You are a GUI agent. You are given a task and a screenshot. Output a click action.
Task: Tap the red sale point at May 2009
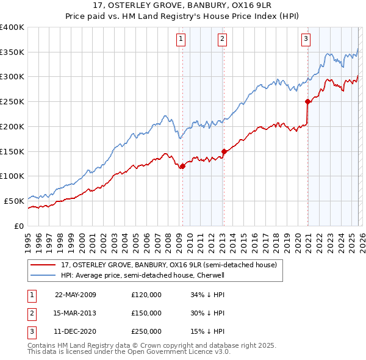182,166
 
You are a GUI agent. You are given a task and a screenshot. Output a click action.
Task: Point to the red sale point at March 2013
224,151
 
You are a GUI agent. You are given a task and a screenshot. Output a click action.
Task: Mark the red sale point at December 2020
308,102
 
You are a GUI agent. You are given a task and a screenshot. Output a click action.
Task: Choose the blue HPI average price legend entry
143,275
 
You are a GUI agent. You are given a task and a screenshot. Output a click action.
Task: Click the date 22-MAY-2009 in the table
76,295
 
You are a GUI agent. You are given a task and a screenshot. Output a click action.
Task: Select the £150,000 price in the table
146,313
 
